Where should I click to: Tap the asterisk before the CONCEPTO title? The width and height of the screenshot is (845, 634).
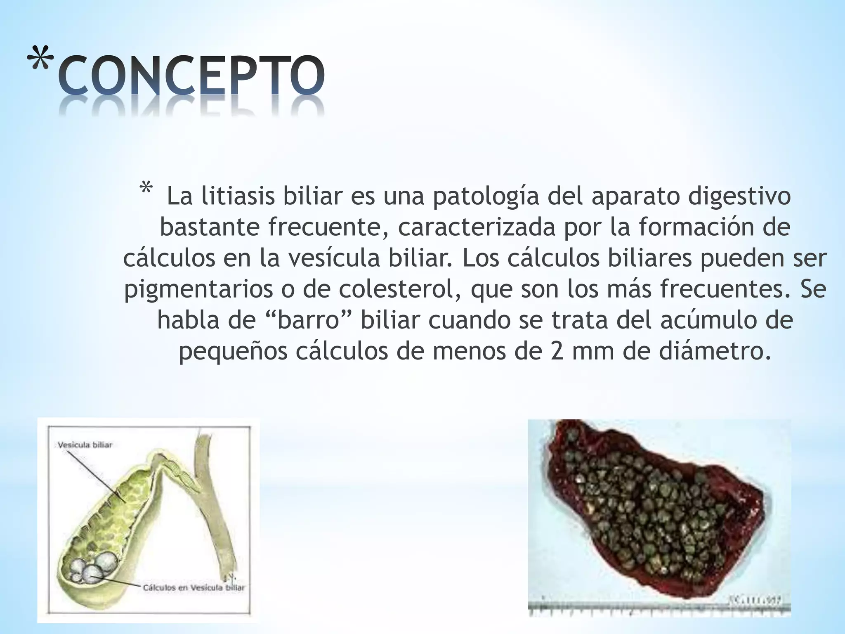click(x=41, y=62)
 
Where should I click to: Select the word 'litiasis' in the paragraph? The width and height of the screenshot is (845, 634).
click(x=238, y=196)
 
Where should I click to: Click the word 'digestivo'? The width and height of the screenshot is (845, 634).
click(x=739, y=197)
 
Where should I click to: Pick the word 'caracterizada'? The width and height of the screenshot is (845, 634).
click(x=477, y=228)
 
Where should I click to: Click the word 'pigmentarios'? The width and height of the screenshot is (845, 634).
click(x=198, y=290)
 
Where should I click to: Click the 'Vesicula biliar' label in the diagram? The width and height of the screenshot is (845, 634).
click(x=85, y=445)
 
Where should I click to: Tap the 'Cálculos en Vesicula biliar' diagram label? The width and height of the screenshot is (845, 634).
click(x=194, y=587)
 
